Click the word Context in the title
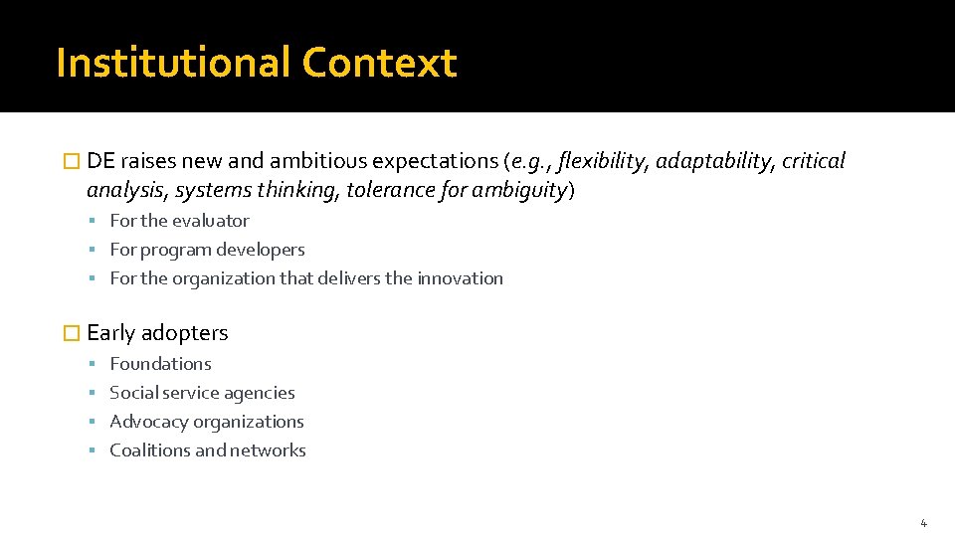point(379,63)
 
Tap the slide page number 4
point(923,523)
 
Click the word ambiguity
point(517,190)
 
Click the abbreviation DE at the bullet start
point(100,161)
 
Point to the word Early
point(111,333)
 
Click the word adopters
point(185,333)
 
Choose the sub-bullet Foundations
point(160,364)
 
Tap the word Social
point(133,393)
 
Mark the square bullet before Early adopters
point(70,333)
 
